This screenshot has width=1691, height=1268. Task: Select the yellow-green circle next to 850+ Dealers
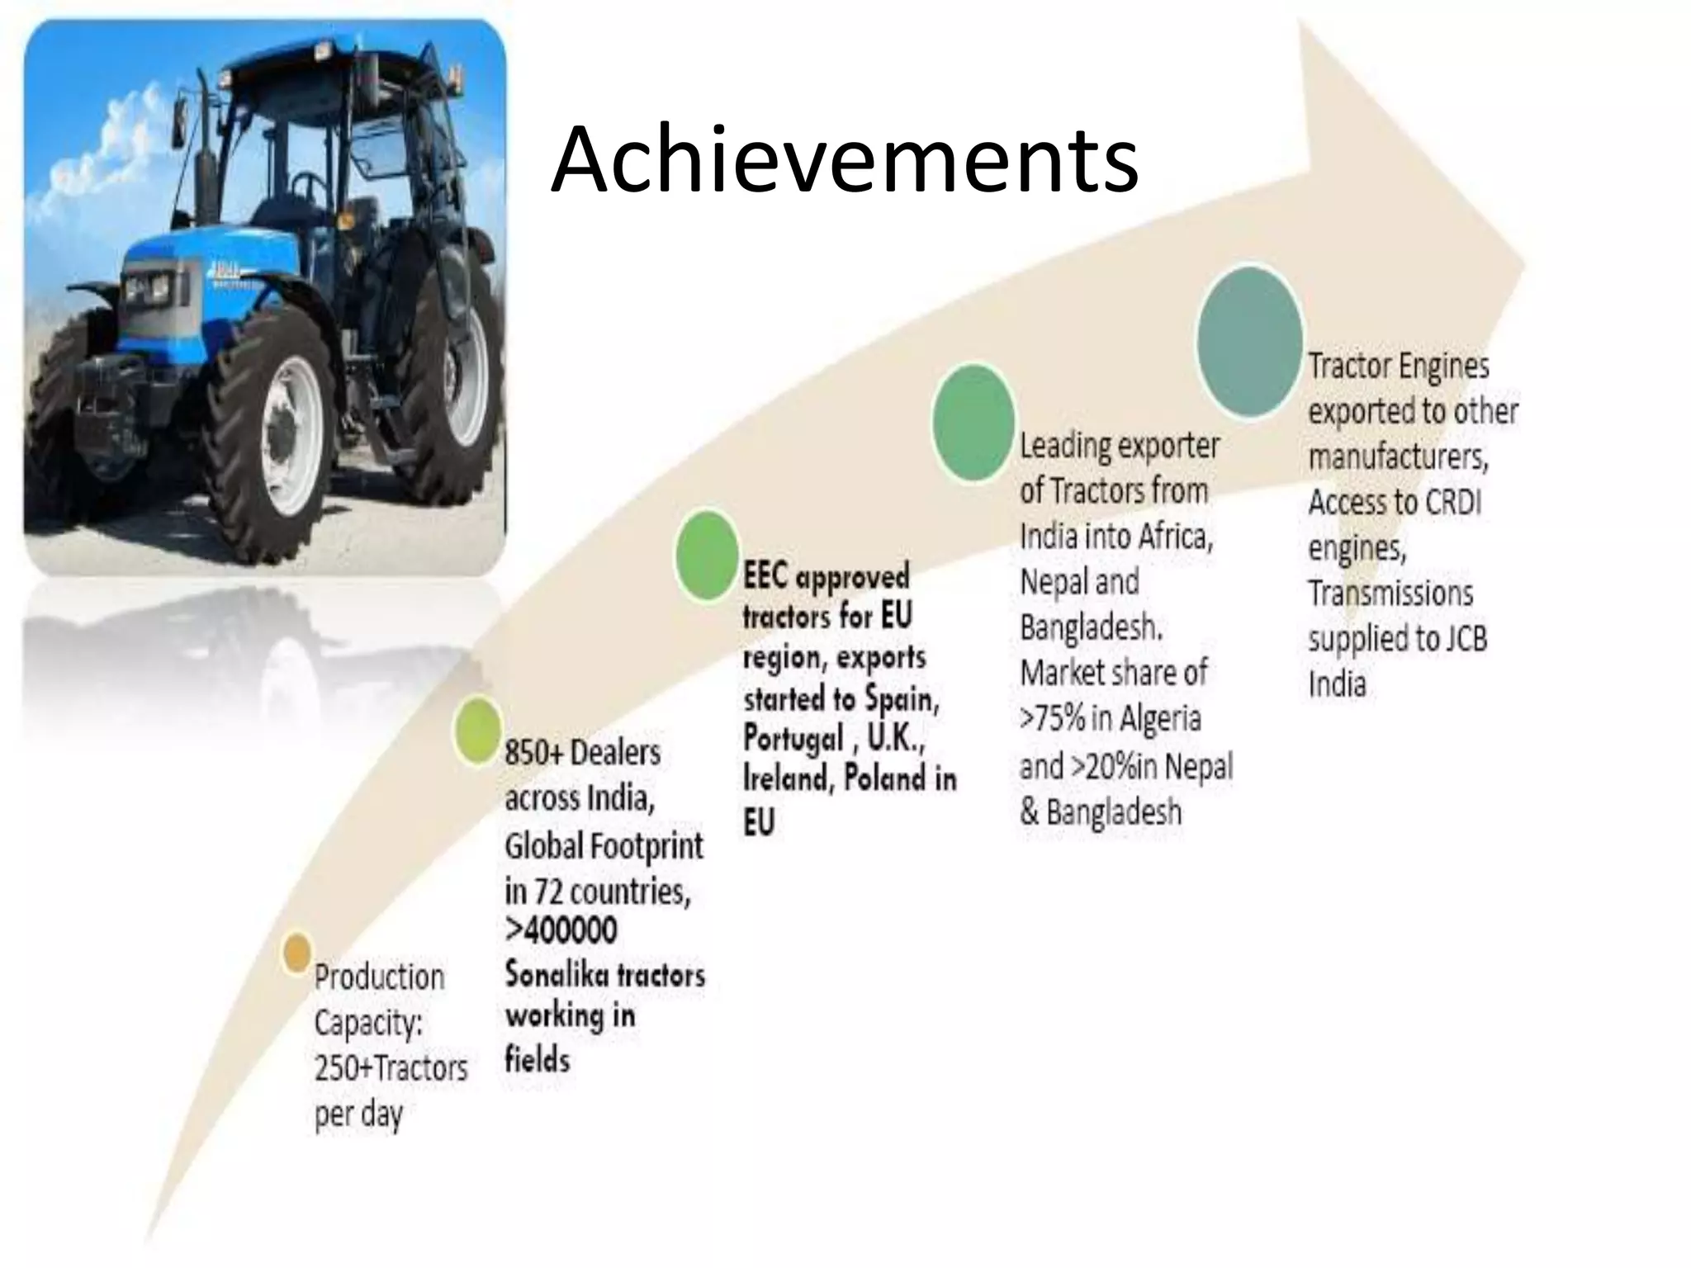click(478, 730)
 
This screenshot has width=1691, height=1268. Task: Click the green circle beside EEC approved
click(707, 555)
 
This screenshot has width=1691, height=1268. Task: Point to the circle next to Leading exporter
click(973, 422)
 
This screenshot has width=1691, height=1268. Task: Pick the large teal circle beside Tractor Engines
click(1249, 341)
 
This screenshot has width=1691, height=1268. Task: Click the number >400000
click(561, 930)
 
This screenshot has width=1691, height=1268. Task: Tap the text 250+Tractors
click(391, 1068)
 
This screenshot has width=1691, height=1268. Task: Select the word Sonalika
click(545, 976)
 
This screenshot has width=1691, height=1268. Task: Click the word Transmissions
click(1390, 594)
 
